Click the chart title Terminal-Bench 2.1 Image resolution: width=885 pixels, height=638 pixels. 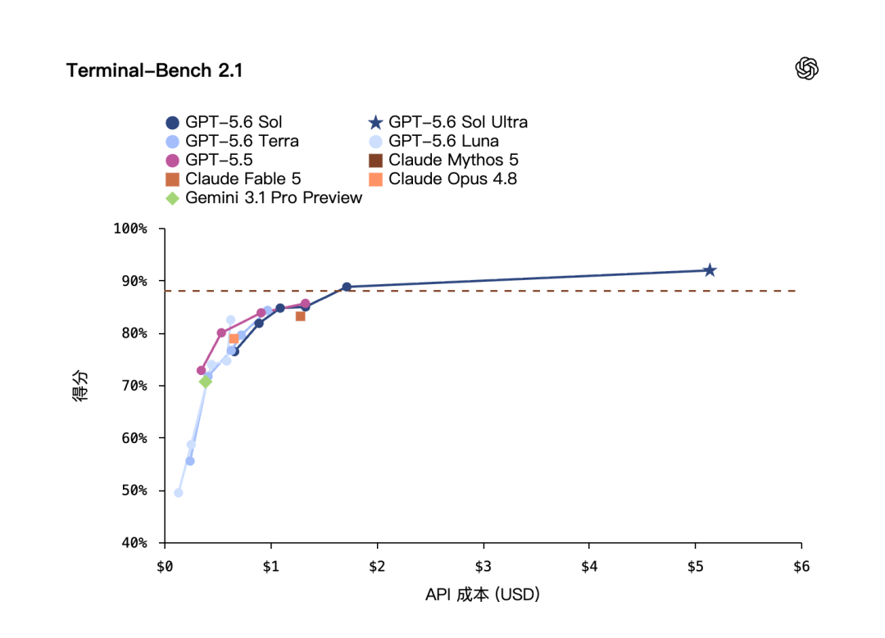coord(154,70)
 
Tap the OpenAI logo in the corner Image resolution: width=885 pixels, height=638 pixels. coord(806,69)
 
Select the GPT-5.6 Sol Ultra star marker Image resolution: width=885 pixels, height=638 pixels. coord(710,270)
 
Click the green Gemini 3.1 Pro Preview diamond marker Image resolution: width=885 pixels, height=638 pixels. coord(206,382)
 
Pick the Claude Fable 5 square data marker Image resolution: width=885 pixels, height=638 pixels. coord(300,316)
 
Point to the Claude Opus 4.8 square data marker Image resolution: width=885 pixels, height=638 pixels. coord(234,338)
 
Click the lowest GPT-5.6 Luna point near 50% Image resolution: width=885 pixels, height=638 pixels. coord(179,493)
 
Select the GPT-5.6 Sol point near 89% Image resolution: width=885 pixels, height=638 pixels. coord(347,287)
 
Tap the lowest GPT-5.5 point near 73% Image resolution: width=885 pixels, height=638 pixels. coord(201,371)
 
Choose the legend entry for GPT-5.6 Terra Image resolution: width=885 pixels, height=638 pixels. coord(232,141)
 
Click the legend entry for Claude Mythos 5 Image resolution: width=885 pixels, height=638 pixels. coord(443,161)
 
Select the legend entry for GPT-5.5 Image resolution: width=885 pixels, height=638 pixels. coord(209,161)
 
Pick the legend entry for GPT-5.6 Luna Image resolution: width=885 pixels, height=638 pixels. coord(433,141)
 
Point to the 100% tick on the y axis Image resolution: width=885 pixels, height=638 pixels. coord(161,229)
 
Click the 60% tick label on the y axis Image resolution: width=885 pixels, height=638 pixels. coord(134,438)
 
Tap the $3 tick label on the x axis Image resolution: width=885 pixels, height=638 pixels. coord(483,567)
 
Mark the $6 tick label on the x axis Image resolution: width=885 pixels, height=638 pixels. coord(801,567)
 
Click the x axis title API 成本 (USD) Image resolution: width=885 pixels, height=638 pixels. coord(483,595)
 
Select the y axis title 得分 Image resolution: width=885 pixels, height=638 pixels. coord(80,386)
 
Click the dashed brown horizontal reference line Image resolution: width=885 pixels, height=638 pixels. coord(479,291)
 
